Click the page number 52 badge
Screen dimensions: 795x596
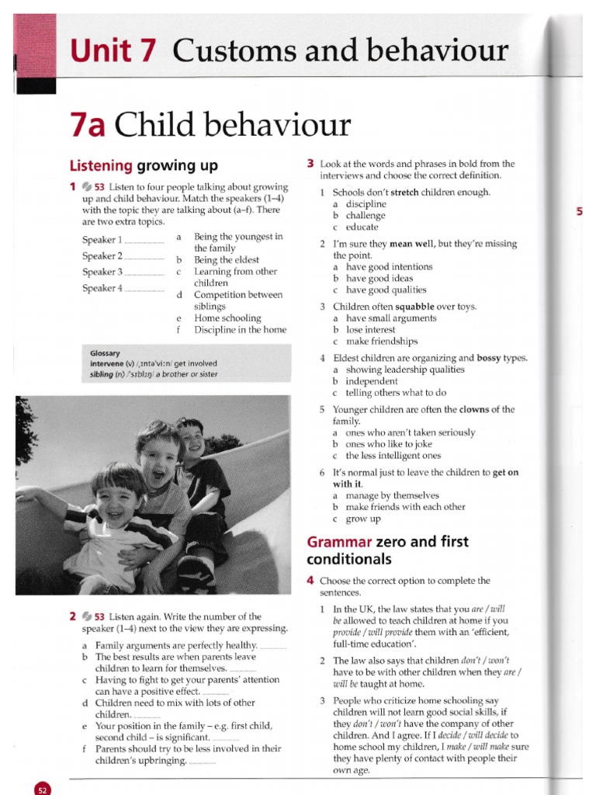[x=42, y=789]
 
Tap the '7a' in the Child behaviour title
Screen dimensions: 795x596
[x=88, y=127]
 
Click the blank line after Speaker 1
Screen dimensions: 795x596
[x=144, y=241]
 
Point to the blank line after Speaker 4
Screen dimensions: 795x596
[x=144, y=290]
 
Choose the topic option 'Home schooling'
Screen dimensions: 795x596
[x=227, y=318]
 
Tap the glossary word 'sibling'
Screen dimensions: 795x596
[x=103, y=374]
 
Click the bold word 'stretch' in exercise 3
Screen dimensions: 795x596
[x=404, y=193]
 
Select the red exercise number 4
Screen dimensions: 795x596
[x=310, y=580]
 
